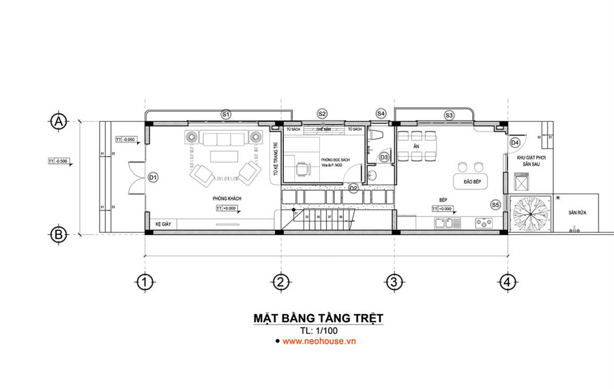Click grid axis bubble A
(x=59, y=121)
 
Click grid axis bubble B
(x=59, y=234)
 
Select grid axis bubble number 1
(x=143, y=281)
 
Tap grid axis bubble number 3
(x=393, y=281)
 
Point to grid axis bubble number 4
(x=505, y=281)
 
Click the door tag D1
(x=153, y=178)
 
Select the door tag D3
(x=384, y=157)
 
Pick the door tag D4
(x=515, y=142)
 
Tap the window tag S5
(x=495, y=204)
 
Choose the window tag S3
(x=449, y=115)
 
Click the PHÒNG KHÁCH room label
(x=227, y=198)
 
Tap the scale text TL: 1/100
(x=319, y=331)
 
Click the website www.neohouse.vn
(x=319, y=341)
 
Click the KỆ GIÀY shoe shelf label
(x=162, y=224)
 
